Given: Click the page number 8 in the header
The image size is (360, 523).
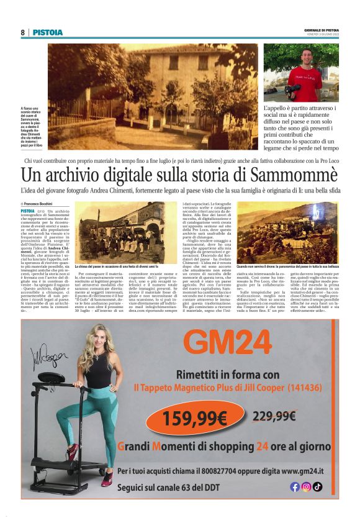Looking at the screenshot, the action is click(22, 32).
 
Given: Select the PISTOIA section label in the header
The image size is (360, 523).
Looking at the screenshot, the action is click(48, 32).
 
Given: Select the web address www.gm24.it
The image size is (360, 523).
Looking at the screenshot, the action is click(307, 470).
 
